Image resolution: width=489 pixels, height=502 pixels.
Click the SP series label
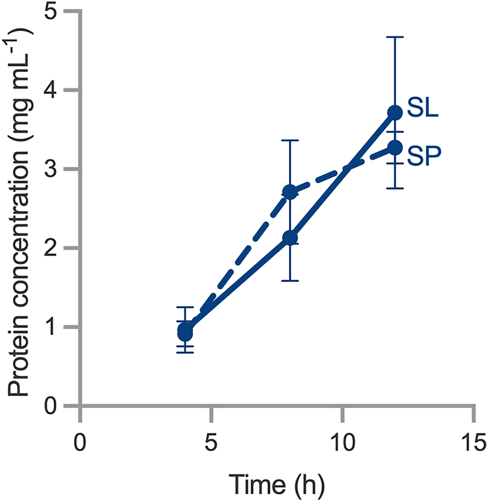tap(424, 156)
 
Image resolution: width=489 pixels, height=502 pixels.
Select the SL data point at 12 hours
tap(395, 113)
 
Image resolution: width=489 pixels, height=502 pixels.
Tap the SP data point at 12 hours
tap(395, 148)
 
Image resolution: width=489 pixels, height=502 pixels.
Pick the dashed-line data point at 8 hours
tap(290, 192)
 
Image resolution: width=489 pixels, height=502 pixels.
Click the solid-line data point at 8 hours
tap(290, 238)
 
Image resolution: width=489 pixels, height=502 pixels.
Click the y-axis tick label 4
tap(50, 90)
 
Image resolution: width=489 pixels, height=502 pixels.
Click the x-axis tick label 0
tap(80, 442)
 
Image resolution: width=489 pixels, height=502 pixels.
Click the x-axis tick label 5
tap(211, 442)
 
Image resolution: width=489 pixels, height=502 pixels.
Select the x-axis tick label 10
tap(342, 442)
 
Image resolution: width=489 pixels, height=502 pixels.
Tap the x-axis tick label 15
tap(474, 442)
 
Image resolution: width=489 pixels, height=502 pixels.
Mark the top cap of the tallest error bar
tap(395, 37)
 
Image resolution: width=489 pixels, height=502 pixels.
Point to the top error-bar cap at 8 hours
tap(290, 140)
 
